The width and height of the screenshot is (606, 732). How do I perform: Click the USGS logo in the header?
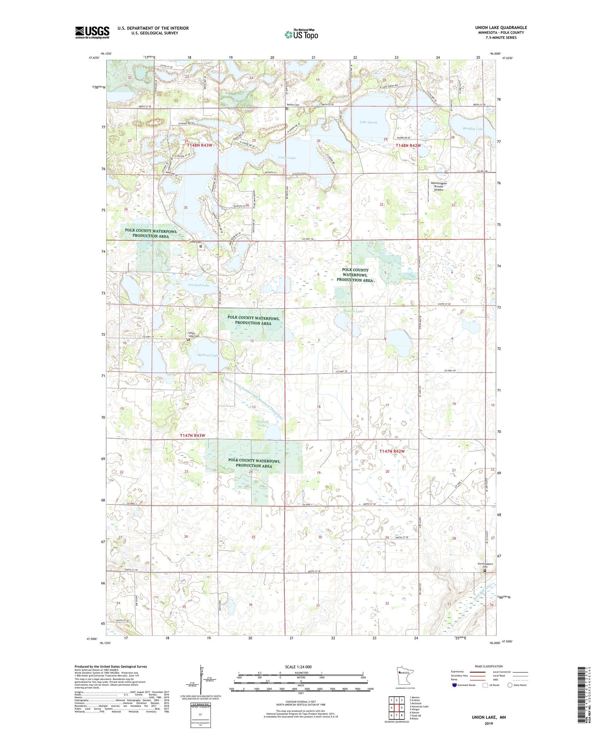click(92, 32)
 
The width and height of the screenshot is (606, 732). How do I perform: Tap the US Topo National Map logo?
click(301, 34)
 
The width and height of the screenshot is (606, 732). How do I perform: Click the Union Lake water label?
click(286, 158)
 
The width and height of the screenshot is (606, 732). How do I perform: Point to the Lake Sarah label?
click(368, 122)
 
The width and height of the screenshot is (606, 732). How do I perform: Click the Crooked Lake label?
click(199, 285)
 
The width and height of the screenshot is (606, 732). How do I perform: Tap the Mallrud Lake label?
click(208, 355)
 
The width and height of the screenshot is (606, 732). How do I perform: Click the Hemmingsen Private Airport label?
click(439, 186)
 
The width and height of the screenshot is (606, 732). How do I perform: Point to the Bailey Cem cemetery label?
click(293, 105)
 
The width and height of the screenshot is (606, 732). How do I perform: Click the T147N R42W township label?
click(391, 451)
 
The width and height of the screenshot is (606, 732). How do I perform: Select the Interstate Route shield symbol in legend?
click(455, 685)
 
